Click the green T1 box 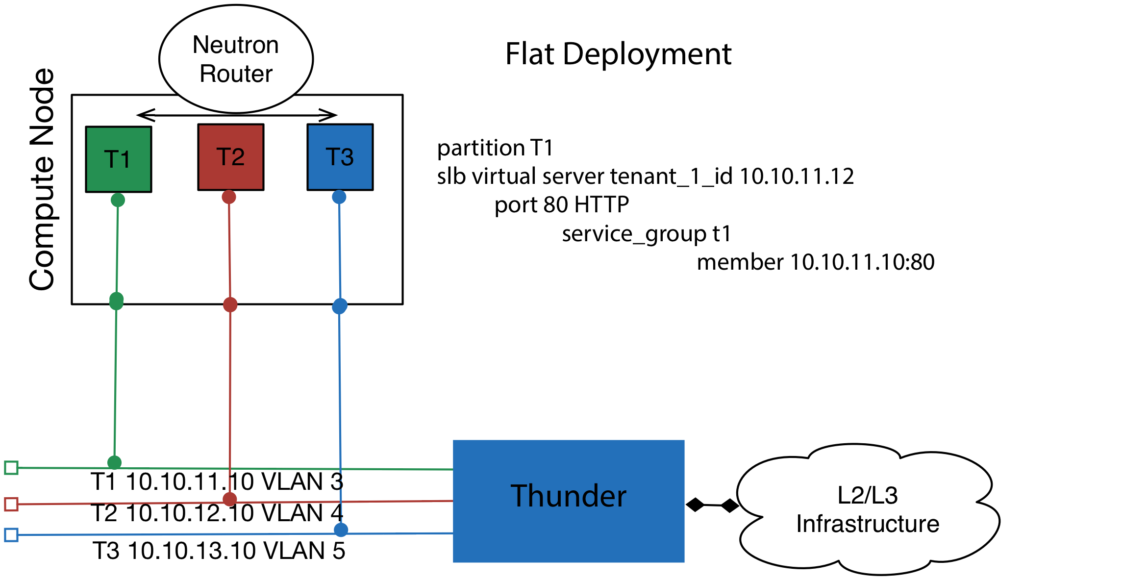click(119, 159)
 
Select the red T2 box click(231, 157)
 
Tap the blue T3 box click(340, 157)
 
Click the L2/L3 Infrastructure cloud click(868, 510)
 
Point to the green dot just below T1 click(118, 200)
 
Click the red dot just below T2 click(229, 197)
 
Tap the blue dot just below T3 click(339, 197)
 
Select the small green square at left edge click(11, 468)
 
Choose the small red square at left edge click(11, 504)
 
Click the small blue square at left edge click(11, 535)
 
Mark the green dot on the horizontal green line click(114, 462)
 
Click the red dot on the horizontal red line click(230, 500)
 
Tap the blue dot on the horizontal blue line click(341, 530)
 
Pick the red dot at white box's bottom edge click(230, 305)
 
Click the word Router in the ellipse click(236, 74)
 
